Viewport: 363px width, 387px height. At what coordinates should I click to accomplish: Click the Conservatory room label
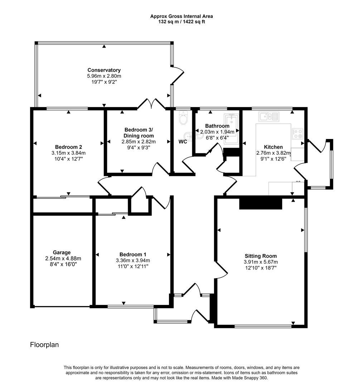point(104,70)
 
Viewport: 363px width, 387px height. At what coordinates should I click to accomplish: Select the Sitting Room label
point(261,256)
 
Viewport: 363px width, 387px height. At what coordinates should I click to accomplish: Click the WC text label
point(183,142)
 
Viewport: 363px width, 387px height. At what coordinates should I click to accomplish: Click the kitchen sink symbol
point(268,116)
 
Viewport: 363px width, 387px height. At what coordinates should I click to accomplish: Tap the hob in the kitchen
point(297,134)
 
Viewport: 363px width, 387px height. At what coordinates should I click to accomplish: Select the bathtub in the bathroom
point(231,129)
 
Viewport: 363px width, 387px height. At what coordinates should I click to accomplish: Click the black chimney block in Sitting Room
point(261,203)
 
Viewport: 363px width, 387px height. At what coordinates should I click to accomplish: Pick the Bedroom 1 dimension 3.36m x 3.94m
point(132,261)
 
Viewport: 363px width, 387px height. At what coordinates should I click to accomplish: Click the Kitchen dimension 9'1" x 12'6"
point(274,159)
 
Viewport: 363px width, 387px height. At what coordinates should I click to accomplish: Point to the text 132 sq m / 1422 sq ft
point(181,21)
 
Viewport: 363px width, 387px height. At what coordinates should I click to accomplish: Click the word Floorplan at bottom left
point(44,345)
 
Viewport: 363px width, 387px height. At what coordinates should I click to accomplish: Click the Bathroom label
point(217,126)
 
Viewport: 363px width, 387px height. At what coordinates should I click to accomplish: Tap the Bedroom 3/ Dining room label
point(139,133)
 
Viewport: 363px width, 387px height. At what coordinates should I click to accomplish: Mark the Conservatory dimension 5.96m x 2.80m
point(104,76)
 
